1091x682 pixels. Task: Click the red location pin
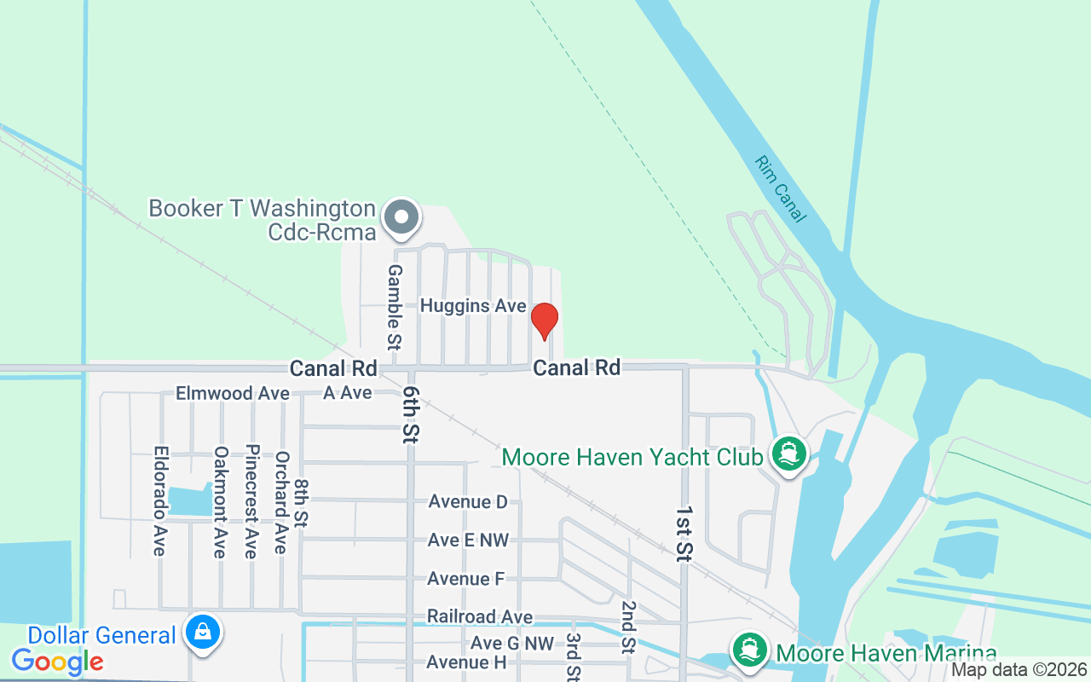coord(544,321)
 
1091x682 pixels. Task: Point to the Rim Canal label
coord(780,189)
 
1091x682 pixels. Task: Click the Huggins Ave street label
coord(473,306)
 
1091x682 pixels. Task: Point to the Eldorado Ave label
coord(159,500)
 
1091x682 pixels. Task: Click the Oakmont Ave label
coord(220,502)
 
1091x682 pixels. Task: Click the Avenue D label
coord(468,501)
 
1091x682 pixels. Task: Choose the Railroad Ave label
coord(480,616)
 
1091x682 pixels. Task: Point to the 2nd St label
coord(628,627)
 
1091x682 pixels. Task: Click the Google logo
coord(58,661)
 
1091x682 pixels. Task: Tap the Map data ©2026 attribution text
coord(1019,670)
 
